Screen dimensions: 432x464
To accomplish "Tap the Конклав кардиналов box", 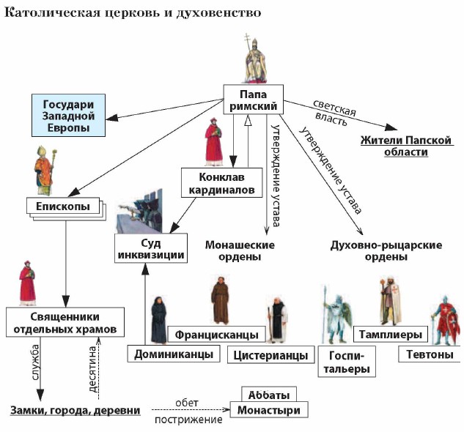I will click(x=221, y=183).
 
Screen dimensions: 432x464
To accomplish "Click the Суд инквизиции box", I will click(x=150, y=247).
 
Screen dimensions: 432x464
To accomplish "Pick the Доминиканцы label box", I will click(x=174, y=354).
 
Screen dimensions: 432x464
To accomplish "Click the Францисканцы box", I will click(x=217, y=335).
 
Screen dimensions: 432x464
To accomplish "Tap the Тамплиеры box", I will click(x=389, y=335).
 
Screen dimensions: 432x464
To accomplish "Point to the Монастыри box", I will click(x=268, y=410).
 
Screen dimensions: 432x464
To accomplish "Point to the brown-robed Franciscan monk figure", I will click(x=221, y=300).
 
